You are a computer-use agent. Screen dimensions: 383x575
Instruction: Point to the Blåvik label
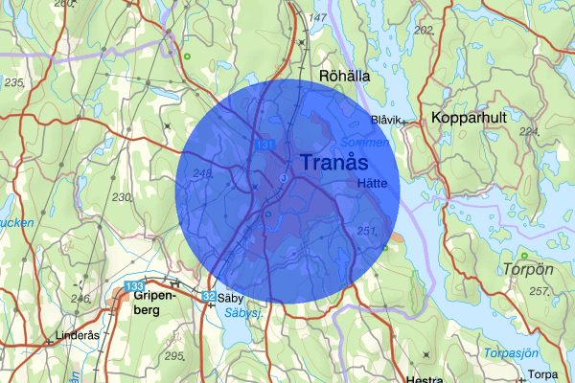click(386, 120)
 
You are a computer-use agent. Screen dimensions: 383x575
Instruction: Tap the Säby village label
click(230, 298)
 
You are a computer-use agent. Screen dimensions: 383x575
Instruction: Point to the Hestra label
click(424, 379)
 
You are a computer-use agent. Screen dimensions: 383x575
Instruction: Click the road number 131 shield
click(265, 145)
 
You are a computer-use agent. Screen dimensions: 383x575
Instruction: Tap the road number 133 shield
click(134, 286)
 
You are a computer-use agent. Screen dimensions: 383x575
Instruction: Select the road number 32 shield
click(208, 297)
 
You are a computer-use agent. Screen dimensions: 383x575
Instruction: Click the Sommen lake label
click(372, 143)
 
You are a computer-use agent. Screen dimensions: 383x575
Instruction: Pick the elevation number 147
click(318, 18)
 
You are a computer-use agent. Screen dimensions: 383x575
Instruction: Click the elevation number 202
click(423, 30)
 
